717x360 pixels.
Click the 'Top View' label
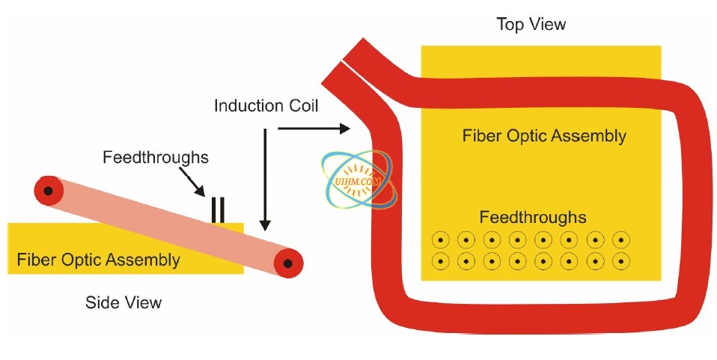(531, 25)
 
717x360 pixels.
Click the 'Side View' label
(123, 302)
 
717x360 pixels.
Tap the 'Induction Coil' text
(266, 106)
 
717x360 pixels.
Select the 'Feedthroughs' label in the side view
(155, 158)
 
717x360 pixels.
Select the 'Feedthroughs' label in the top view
(533, 218)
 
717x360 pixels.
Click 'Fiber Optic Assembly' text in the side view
(98, 260)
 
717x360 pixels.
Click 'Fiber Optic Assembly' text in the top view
(544, 136)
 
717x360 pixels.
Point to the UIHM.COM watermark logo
(353, 180)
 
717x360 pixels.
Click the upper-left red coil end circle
(48, 191)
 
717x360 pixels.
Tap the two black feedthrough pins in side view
(217, 210)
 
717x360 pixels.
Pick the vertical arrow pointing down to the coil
(264, 180)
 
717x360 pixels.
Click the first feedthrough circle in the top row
(441, 240)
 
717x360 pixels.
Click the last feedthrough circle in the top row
(620, 240)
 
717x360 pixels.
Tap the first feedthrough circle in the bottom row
(441, 262)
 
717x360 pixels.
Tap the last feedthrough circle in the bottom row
(620, 262)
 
